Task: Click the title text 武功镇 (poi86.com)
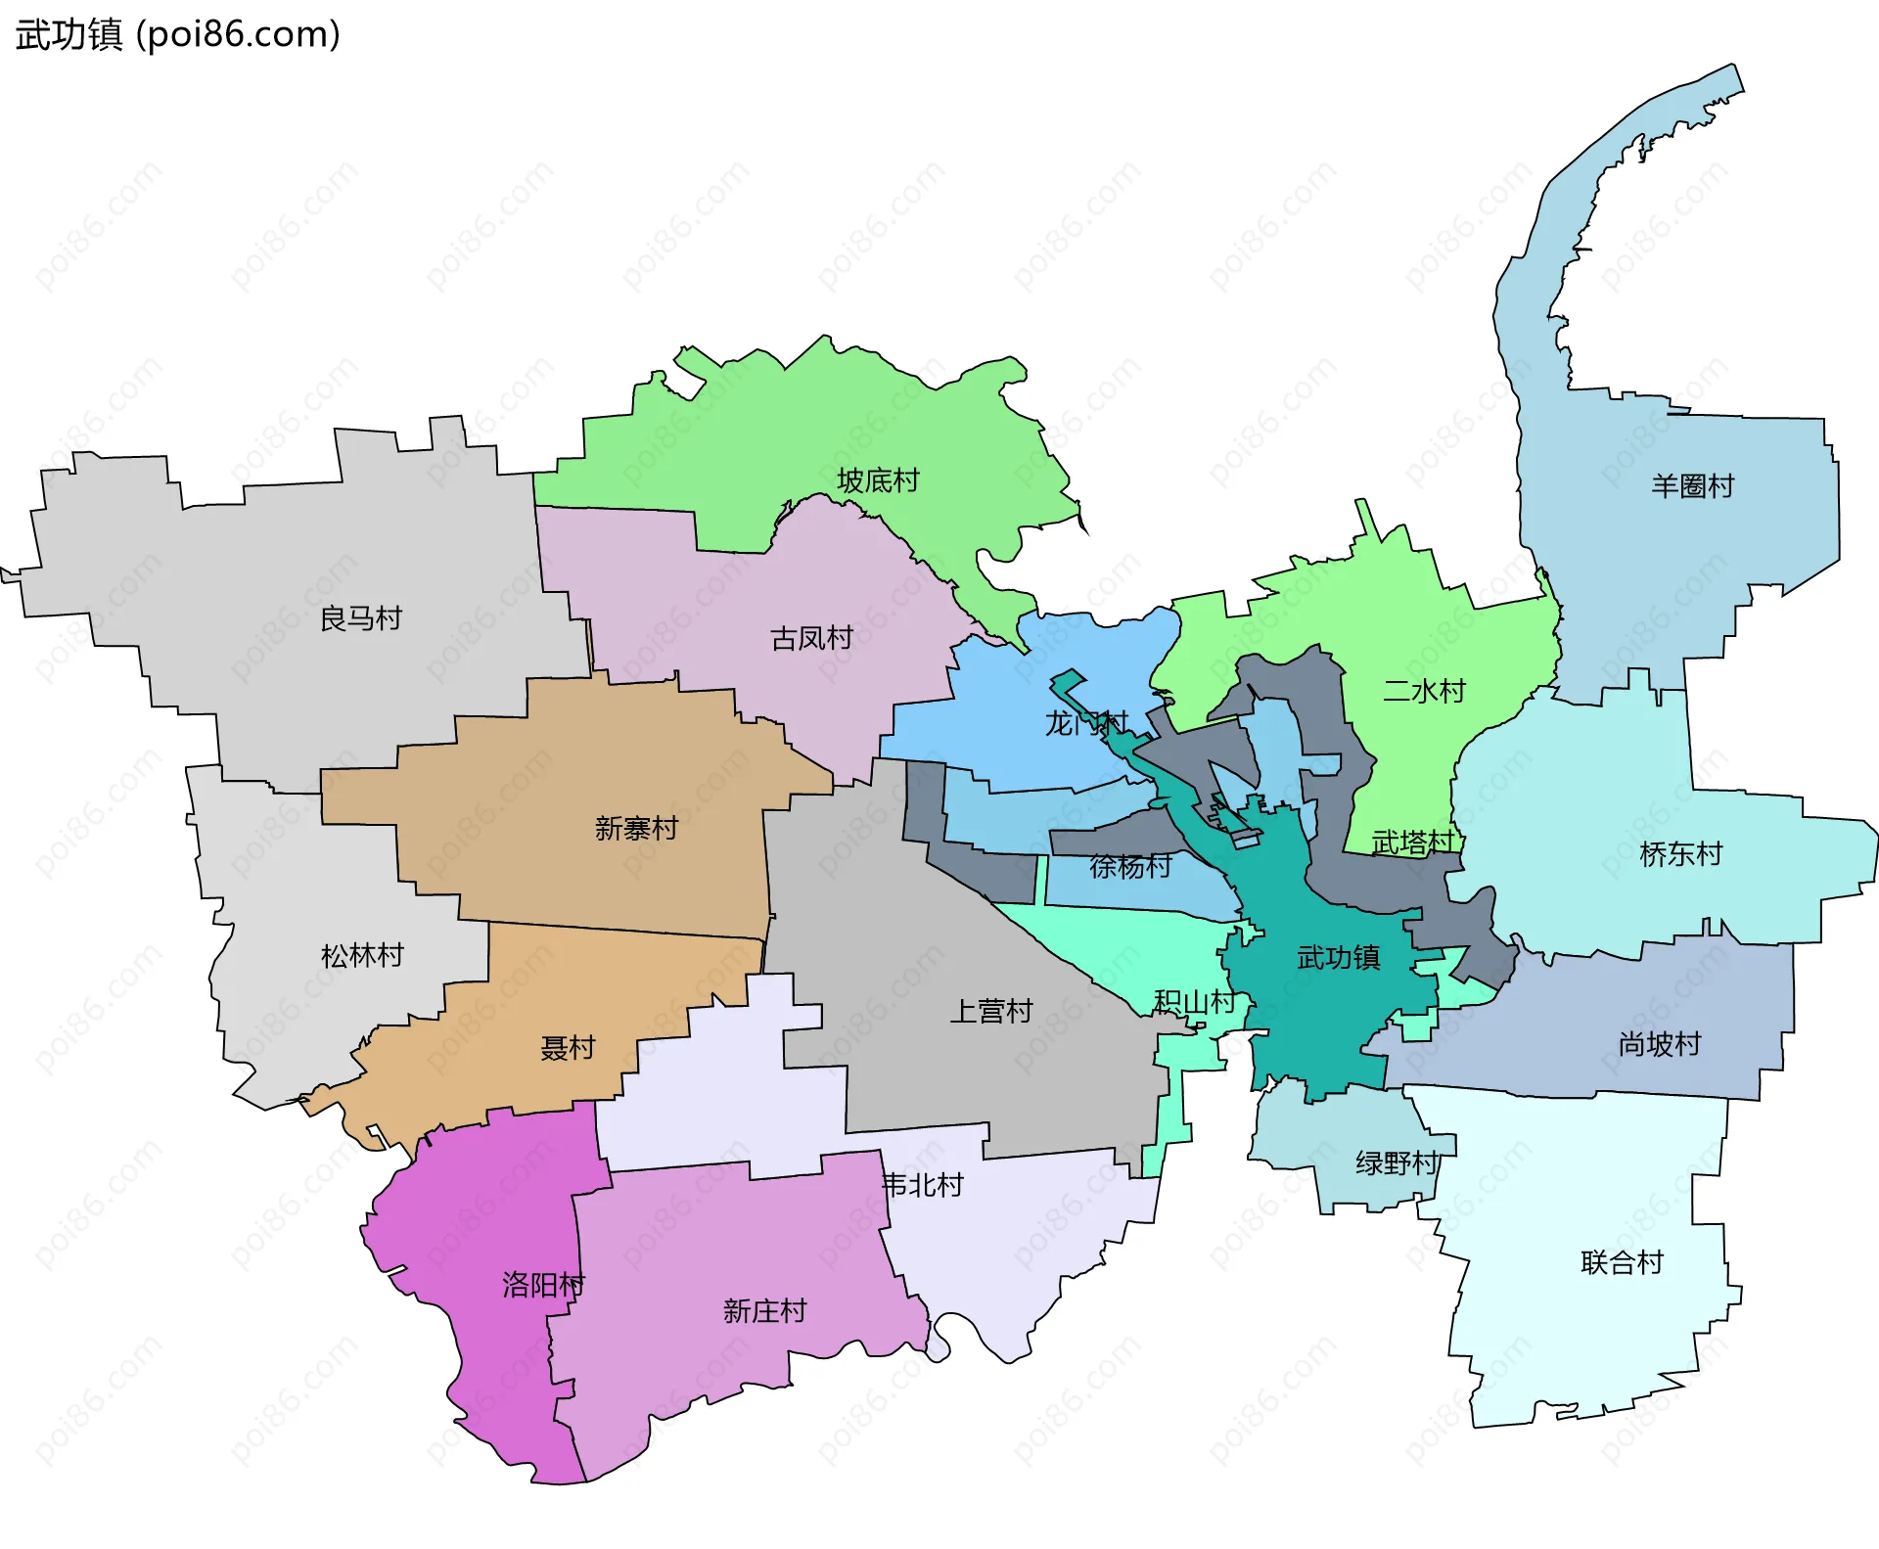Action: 177,34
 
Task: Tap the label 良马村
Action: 361,618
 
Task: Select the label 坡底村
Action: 878,480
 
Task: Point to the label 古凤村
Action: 811,638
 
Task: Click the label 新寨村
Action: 636,828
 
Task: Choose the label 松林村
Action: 362,955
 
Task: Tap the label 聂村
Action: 568,1047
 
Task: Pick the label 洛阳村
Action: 543,1284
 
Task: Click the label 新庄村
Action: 764,1310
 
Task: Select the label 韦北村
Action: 922,1185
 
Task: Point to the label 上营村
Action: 991,1011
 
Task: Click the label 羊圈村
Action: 1693,485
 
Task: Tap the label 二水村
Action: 1424,691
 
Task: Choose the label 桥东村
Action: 1680,853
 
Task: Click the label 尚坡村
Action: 1659,1043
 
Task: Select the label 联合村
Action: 1622,1262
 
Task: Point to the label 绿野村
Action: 1397,1162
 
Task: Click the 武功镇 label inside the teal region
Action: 1338,957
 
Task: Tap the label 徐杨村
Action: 1130,866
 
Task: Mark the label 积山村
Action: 1194,1001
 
